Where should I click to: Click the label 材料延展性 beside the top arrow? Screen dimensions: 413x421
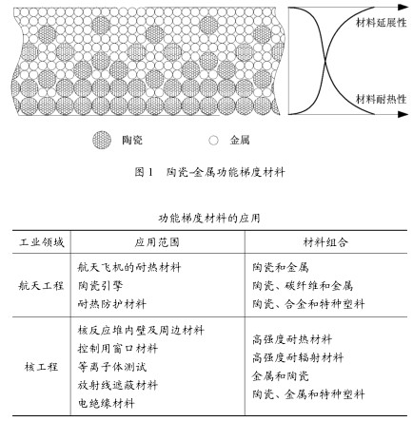[381, 23]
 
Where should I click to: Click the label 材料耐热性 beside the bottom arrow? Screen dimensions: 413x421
[381, 99]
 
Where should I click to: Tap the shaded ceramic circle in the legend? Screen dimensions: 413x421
[102, 140]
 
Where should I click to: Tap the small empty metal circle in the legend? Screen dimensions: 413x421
[214, 140]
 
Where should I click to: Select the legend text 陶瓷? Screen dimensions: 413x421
[132, 140]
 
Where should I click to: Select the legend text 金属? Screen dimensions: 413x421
[240, 140]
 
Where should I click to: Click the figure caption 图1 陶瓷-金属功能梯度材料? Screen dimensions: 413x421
[209, 172]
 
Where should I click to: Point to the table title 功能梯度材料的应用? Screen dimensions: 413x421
[209, 219]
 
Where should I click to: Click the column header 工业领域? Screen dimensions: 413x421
[42, 242]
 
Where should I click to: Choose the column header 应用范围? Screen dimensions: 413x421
[157, 242]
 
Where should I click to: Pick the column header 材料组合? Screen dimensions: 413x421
[325, 242]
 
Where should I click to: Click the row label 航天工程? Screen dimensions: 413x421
[41, 286]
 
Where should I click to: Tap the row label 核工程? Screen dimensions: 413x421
[41, 367]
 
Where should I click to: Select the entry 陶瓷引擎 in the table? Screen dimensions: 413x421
[100, 286]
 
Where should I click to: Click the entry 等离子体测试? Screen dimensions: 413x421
[112, 367]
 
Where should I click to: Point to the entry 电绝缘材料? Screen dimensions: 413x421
[107, 404]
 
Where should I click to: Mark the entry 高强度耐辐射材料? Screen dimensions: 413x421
[298, 358]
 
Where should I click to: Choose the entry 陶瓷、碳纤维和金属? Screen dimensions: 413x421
[303, 286]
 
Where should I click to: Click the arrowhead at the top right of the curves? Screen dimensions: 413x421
[403, 7]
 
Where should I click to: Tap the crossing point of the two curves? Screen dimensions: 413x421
[325, 61]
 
